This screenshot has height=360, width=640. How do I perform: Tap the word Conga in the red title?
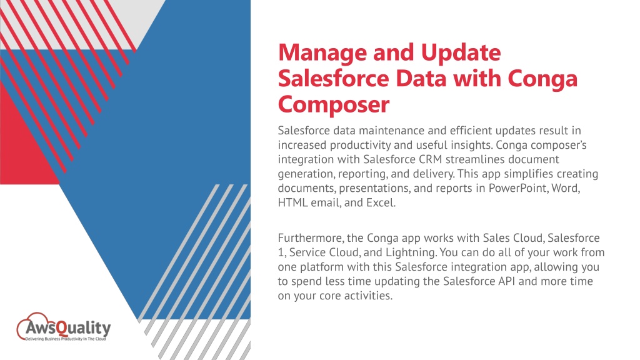coord(541,79)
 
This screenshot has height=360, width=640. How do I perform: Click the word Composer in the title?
coord(334,104)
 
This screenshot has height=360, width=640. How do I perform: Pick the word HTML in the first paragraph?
coord(292,202)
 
